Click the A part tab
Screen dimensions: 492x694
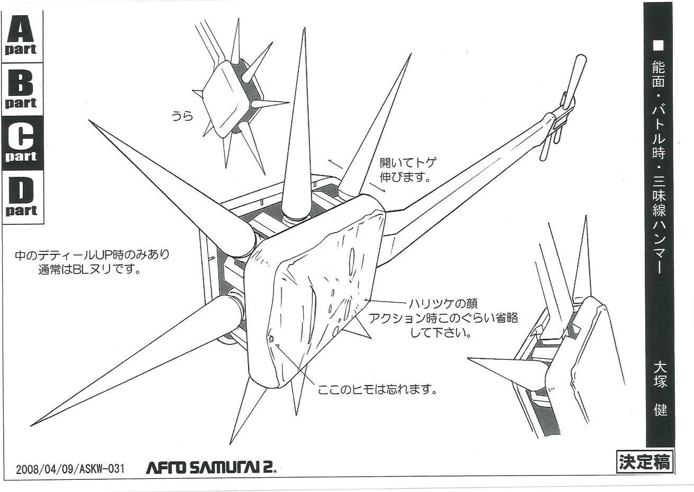pos(22,35)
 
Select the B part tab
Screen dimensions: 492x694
pos(22,89)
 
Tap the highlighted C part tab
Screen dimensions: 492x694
pos(22,143)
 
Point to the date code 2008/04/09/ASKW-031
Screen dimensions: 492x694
pos(70,469)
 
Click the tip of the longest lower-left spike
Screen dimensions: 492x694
pos(33,424)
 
